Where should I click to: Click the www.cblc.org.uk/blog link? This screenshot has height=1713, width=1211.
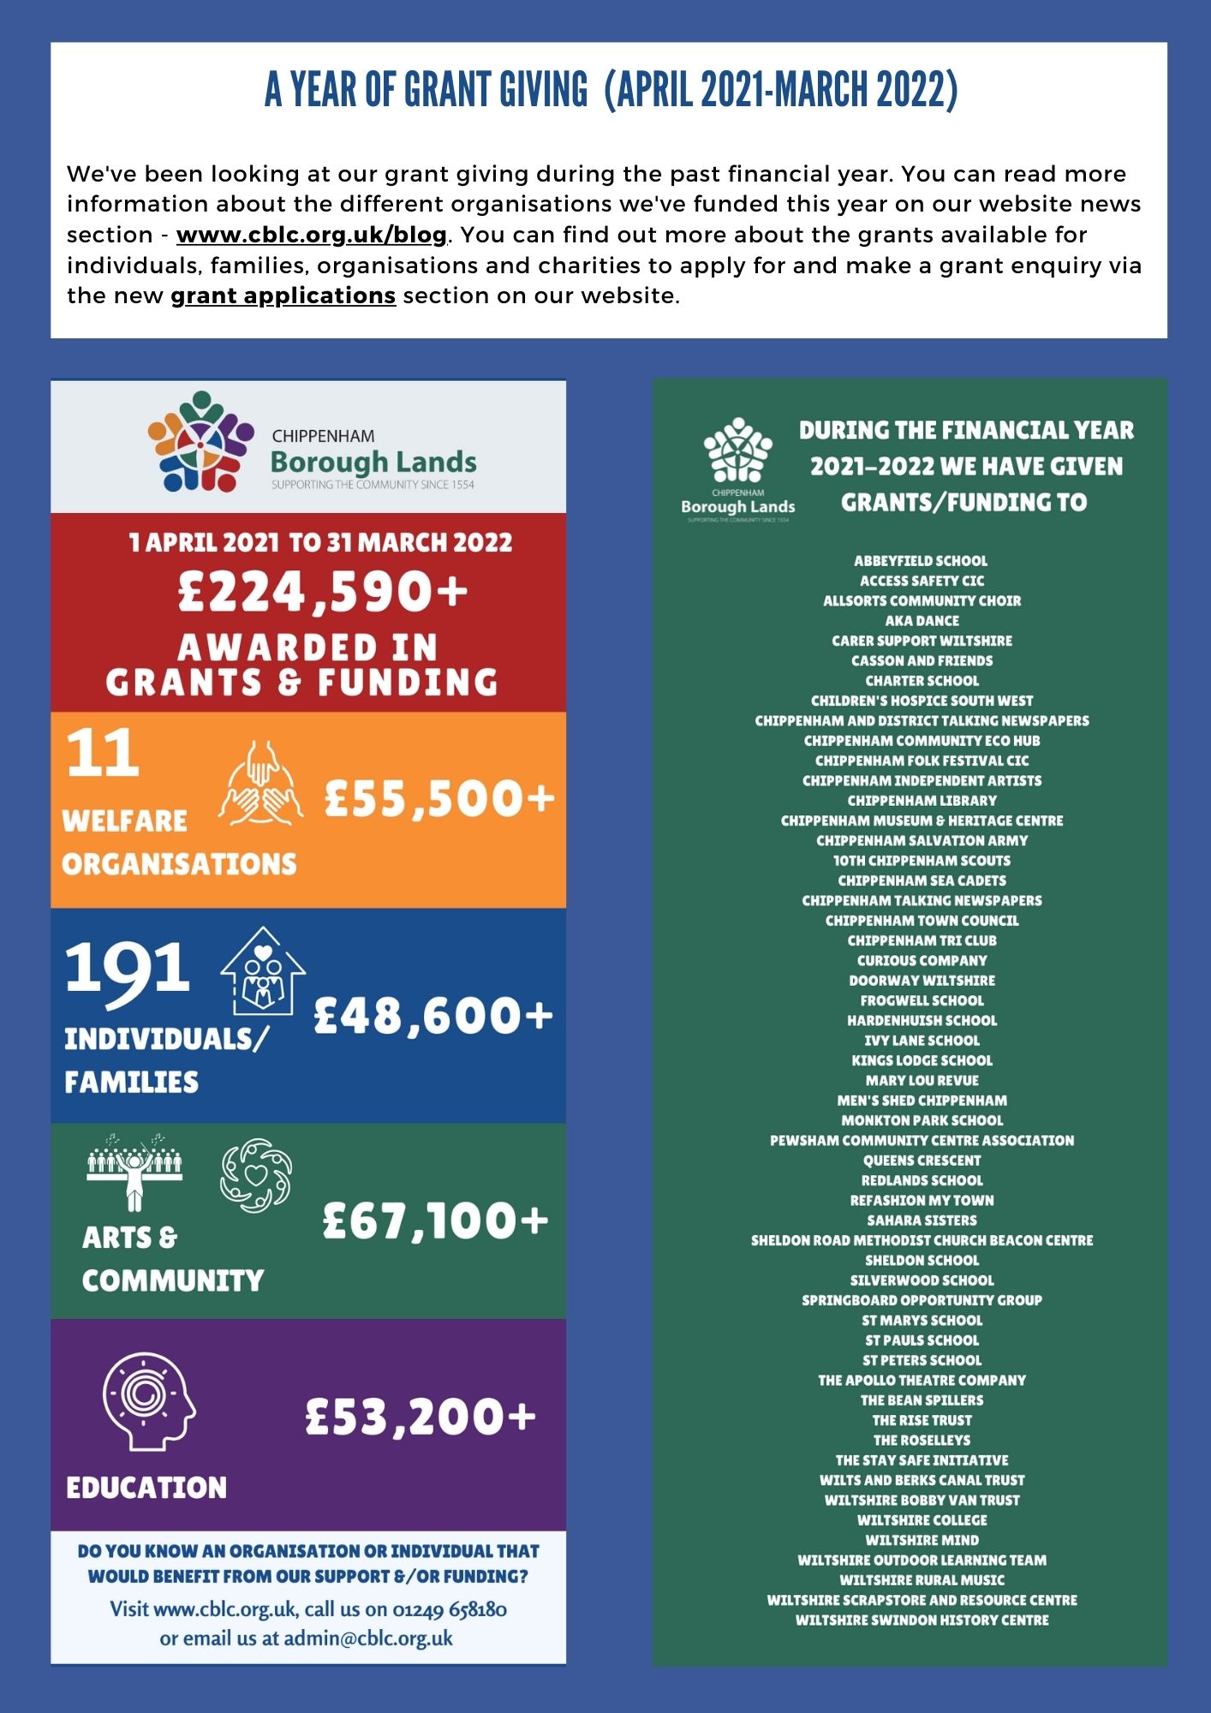click(x=312, y=235)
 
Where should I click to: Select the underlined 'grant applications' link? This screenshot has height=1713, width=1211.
click(x=283, y=295)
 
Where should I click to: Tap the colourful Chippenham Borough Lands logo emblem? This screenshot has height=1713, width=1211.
click(x=200, y=442)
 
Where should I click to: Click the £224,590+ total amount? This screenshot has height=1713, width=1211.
click(x=323, y=592)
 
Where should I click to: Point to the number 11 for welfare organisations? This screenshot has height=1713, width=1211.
click(x=103, y=754)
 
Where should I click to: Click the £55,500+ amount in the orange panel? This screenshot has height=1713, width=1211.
click(x=439, y=798)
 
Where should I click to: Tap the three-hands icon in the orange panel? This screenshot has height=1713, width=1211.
click(x=260, y=783)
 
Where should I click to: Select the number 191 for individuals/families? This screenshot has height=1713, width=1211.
click(x=127, y=968)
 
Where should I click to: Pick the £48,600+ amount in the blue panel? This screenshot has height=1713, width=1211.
click(x=433, y=1016)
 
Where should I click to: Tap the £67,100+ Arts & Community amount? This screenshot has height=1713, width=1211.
click(x=435, y=1220)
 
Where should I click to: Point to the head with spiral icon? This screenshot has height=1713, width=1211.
click(x=148, y=1401)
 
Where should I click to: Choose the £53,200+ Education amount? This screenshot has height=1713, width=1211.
click(x=421, y=1417)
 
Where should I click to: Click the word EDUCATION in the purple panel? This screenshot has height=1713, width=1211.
click(x=146, y=1488)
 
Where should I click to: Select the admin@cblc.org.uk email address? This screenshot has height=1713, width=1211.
click(x=368, y=1638)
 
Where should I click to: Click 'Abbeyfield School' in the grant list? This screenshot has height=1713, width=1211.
click(x=921, y=561)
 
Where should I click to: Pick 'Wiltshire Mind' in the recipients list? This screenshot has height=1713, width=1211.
click(x=922, y=1540)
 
